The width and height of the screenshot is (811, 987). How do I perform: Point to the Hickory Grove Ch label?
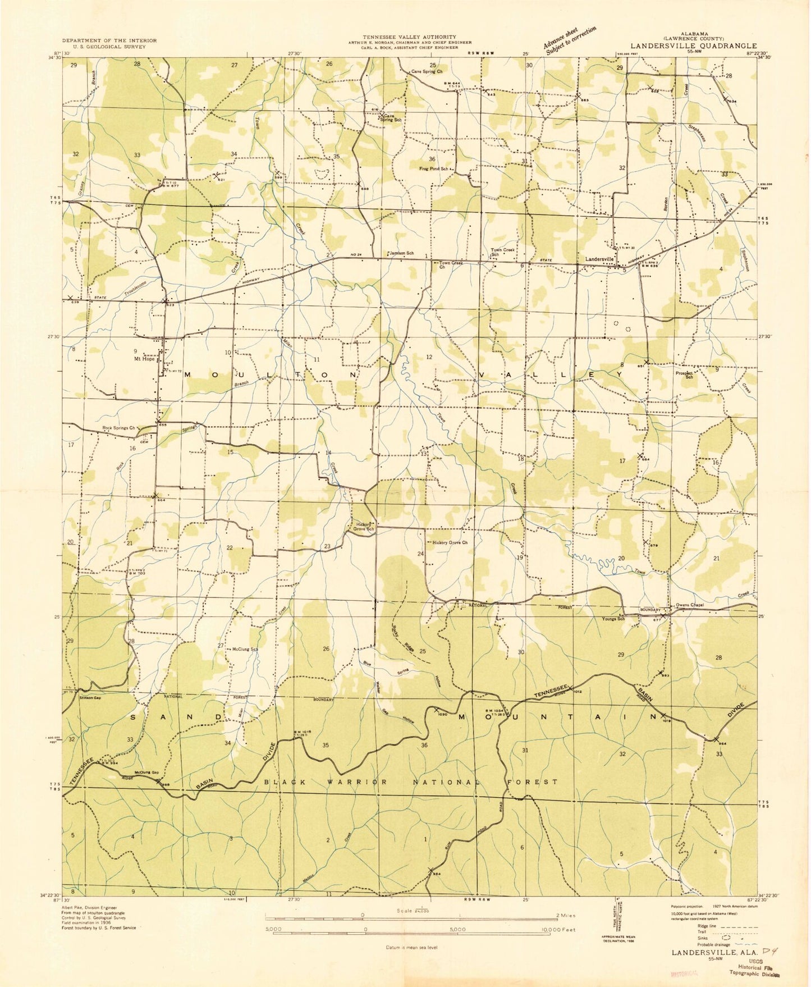coord(450,542)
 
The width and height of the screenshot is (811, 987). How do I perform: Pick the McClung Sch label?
coord(245,649)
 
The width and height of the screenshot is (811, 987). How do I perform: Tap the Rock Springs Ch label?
coord(119,428)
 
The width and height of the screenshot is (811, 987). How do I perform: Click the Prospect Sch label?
coord(685,374)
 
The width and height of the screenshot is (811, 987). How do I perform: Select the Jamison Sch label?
coord(401,253)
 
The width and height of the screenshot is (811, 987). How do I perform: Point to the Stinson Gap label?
coord(93,698)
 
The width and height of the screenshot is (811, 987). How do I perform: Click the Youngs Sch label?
coord(613,619)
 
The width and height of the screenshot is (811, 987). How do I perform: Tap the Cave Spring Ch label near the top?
coord(427,72)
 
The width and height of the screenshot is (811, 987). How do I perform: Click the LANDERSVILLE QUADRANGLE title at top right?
coord(693,45)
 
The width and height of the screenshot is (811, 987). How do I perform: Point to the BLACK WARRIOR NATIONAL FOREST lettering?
coord(411,782)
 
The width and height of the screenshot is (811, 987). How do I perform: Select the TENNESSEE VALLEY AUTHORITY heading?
coord(409,36)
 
